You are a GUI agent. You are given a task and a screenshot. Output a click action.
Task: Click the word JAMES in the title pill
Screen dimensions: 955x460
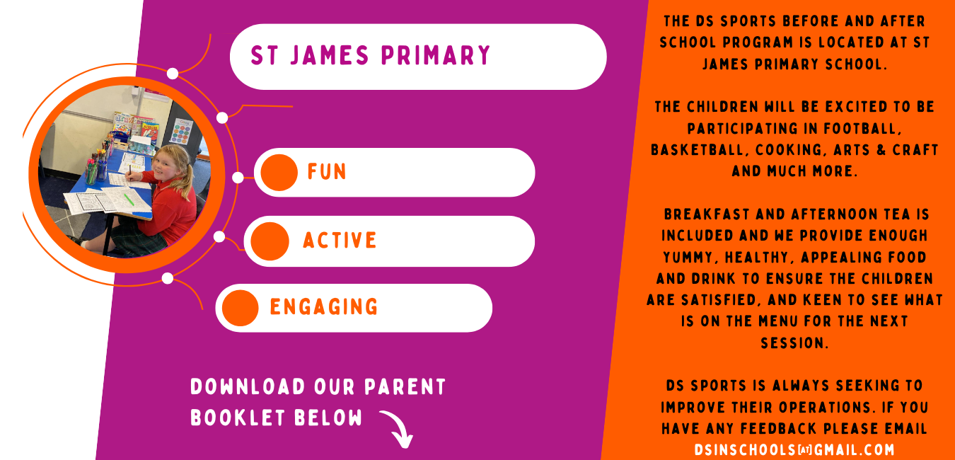point(330,55)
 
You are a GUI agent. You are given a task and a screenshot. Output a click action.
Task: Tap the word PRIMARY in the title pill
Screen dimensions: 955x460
point(436,55)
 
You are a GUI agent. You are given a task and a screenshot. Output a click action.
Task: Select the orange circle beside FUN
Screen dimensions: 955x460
point(279,172)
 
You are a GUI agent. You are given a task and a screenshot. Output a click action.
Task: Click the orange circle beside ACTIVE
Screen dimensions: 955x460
point(270,241)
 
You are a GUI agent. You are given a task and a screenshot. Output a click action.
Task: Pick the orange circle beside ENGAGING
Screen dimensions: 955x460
point(240,308)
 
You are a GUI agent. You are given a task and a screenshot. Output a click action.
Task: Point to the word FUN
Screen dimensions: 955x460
point(327,172)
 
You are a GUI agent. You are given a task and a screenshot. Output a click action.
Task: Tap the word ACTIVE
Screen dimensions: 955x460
point(340,240)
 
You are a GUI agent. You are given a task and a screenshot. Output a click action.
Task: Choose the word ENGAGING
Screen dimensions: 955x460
point(324,306)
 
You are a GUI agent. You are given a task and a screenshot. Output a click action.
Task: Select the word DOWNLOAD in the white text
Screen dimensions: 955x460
point(248,387)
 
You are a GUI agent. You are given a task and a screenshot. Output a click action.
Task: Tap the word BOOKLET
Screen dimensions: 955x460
point(238,418)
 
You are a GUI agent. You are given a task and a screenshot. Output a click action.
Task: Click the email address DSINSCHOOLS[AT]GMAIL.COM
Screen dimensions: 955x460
point(794,450)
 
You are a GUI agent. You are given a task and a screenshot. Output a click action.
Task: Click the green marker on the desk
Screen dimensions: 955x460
point(129,200)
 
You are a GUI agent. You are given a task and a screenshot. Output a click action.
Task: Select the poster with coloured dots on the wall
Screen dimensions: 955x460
point(182,131)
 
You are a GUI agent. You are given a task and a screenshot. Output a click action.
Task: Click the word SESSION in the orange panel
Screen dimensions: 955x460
point(794,343)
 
